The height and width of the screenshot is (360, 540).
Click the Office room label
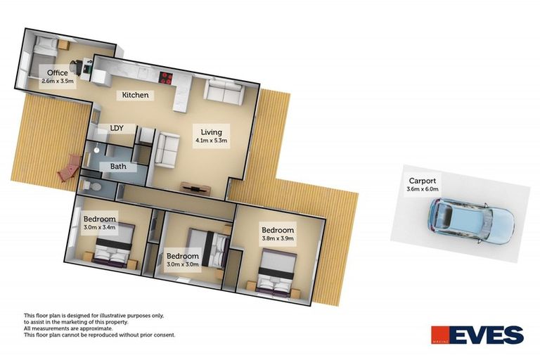tap(58, 72)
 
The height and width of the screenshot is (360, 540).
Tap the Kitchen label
tap(135, 95)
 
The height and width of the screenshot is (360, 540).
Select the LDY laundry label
tap(117, 128)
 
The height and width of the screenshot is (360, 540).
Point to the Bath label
tap(118, 167)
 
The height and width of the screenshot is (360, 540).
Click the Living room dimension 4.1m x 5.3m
tap(211, 141)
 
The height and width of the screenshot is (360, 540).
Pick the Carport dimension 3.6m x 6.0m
tap(422, 188)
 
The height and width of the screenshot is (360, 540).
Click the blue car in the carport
tap(472, 221)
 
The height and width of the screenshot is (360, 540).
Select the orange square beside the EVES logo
tap(440, 335)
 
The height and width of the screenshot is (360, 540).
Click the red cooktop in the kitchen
tap(166, 77)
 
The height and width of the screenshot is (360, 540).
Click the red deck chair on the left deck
tap(70, 168)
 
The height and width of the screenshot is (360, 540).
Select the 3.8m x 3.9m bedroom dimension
tap(278, 238)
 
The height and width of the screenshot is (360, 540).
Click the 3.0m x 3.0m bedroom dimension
tap(183, 264)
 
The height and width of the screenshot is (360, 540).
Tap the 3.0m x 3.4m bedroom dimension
tap(100, 227)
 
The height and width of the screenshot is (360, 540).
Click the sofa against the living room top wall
tap(224, 91)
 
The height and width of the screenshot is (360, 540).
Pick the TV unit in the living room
tap(195, 188)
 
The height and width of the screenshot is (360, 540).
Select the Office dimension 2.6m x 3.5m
tap(58, 82)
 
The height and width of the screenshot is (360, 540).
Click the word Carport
tap(422, 181)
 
